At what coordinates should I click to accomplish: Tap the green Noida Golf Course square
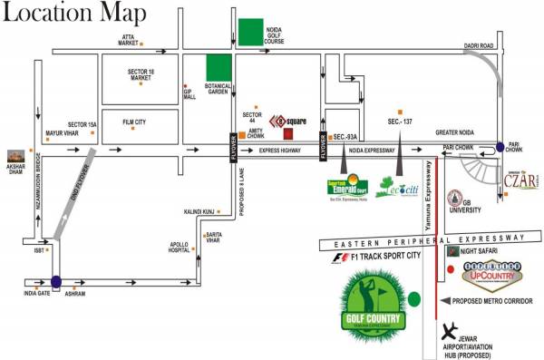tap(250, 31)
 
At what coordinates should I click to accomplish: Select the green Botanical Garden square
tap(219, 68)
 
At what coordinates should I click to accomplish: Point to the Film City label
tap(134, 121)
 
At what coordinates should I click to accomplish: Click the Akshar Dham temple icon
tap(15, 157)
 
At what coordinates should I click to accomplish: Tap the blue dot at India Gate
tap(57, 282)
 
